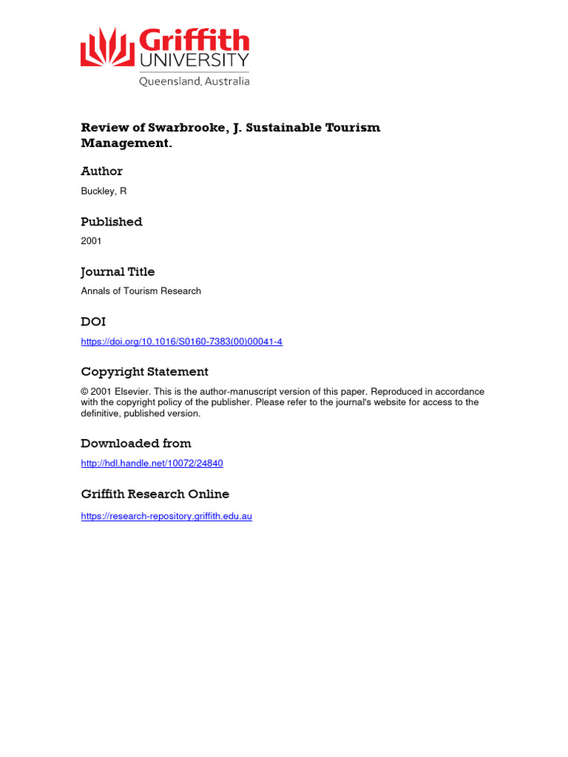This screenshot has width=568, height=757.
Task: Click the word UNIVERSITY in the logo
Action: click(x=195, y=60)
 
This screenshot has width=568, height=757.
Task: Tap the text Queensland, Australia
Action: click(x=195, y=81)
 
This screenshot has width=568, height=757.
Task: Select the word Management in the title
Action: click(x=124, y=143)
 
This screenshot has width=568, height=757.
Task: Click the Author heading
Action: click(x=101, y=171)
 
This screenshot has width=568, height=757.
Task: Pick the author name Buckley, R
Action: click(x=104, y=191)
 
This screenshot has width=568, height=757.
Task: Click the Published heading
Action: click(x=111, y=221)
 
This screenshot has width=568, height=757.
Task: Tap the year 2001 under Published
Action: click(x=91, y=241)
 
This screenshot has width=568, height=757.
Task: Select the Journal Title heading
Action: click(x=118, y=271)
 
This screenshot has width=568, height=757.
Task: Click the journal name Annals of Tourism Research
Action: click(x=141, y=291)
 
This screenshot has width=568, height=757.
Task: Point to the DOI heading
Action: click(x=93, y=322)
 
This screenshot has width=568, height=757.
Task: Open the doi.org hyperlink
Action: click(x=181, y=342)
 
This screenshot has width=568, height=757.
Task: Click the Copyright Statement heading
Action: click(x=144, y=372)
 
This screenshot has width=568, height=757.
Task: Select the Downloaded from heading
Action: click(x=135, y=444)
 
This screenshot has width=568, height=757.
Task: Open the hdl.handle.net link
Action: click(x=152, y=464)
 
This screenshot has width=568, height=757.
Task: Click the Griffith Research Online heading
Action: click(x=155, y=494)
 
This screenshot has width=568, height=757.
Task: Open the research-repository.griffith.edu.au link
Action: click(x=166, y=516)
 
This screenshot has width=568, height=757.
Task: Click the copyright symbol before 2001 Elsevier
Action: click(x=85, y=392)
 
